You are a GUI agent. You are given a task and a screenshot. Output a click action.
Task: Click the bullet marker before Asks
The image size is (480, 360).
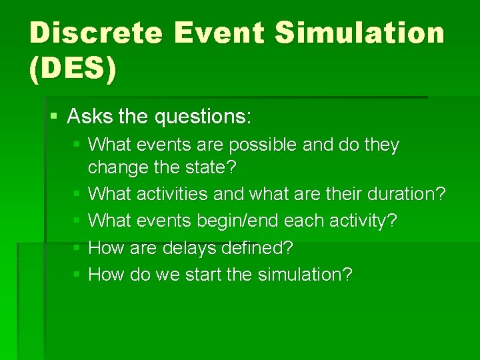[x=54, y=117]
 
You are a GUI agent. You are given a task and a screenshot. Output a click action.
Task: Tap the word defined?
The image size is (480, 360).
[x=259, y=247]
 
